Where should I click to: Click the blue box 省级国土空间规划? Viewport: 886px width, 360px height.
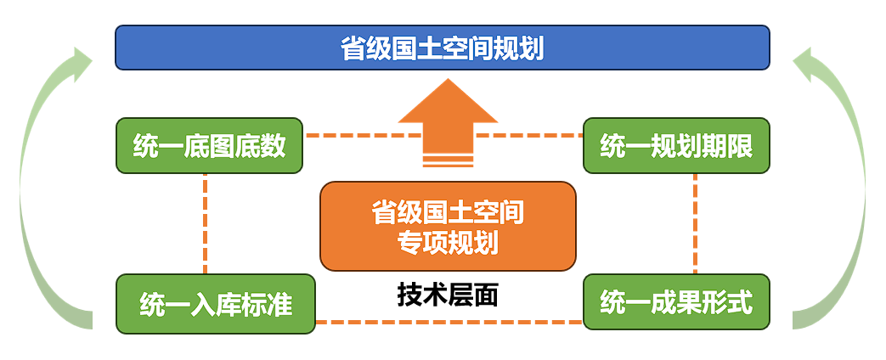click(x=442, y=48)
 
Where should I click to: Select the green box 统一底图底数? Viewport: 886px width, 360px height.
click(x=209, y=146)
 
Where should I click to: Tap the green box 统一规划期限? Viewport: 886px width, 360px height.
click(x=676, y=146)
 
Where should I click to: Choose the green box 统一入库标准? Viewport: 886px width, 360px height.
click(x=215, y=303)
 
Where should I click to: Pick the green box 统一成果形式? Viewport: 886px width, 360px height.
click(x=676, y=301)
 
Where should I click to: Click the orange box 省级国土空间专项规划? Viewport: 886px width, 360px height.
click(x=448, y=226)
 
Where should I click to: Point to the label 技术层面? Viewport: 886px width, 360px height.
click(x=447, y=295)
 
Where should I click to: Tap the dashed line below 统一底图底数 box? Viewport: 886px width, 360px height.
click(x=206, y=222)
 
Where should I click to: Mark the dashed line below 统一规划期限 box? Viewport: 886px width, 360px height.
click(x=696, y=222)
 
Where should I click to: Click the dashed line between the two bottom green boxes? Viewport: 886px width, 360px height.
click(x=448, y=322)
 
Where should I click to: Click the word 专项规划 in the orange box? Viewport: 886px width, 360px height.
click(x=448, y=243)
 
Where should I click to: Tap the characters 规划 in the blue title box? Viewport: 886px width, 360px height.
click(x=517, y=48)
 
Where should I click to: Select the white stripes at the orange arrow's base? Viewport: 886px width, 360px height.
click(x=448, y=160)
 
